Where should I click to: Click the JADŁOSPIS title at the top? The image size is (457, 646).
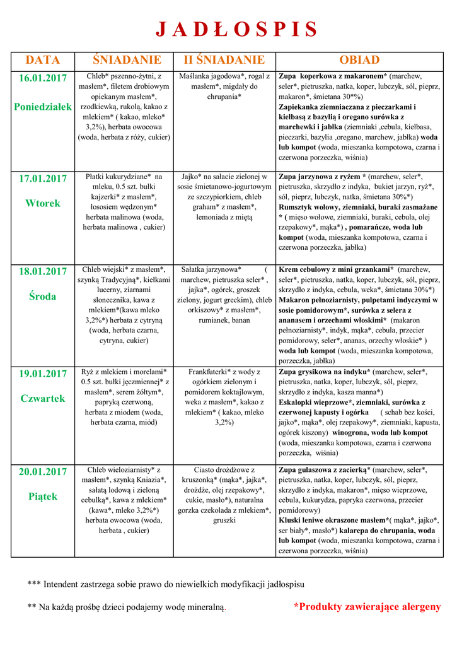point(236,29)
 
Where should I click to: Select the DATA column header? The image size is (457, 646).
point(43,61)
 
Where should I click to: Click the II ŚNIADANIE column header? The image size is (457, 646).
point(224,61)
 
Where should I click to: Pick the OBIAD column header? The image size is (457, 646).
point(359,61)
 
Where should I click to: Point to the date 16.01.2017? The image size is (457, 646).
point(43,79)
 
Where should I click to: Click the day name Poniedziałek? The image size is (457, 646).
point(43,107)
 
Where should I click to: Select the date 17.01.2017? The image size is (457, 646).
point(43,179)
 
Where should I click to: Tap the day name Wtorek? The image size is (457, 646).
point(43,203)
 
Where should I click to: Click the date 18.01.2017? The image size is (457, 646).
point(43,271)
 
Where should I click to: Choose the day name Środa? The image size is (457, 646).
point(43,296)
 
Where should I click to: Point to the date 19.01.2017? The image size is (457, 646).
point(43,373)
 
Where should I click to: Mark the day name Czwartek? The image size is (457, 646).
point(43,398)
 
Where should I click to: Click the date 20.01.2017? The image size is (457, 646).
point(43,471)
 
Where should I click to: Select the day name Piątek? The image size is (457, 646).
point(43,496)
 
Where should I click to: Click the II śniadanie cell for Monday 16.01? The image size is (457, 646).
point(224,87)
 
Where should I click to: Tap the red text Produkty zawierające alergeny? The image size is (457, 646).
point(367,607)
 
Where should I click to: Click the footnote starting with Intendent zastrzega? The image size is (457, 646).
point(166,584)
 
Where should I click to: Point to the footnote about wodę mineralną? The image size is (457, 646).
point(127,607)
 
